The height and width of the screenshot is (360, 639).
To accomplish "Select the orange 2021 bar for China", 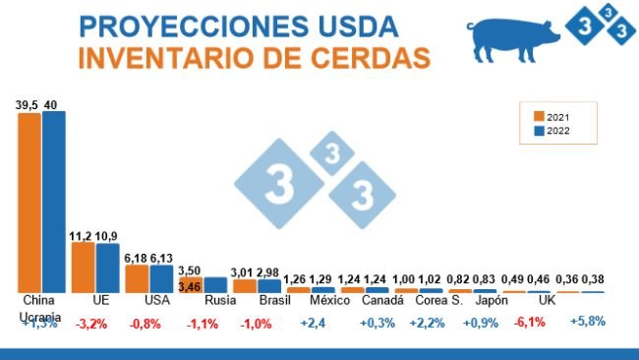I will (29, 201).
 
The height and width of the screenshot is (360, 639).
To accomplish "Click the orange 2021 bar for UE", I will (84, 266).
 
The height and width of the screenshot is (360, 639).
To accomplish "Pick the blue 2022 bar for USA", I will (160, 277).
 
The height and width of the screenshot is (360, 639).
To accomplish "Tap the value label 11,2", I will (82, 236).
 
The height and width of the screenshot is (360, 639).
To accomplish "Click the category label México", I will (324, 300).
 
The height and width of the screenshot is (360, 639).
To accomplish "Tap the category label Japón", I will (492, 300).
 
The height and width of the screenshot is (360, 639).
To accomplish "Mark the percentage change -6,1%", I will (531, 322).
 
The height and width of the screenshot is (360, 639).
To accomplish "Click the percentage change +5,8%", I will (588, 322).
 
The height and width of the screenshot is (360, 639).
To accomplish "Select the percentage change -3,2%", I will (91, 322).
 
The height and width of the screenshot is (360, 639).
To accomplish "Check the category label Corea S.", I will (438, 300).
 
